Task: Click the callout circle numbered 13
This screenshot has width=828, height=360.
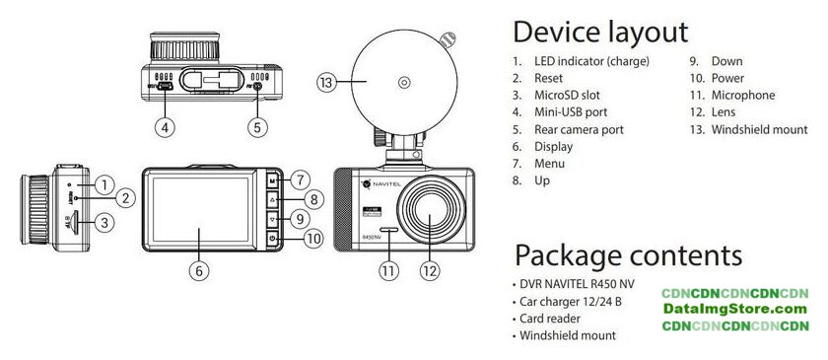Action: click(327, 83)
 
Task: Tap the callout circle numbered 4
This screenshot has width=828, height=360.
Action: click(166, 127)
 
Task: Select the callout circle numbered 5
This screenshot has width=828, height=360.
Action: click(257, 127)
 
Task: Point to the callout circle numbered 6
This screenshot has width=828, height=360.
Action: click(199, 271)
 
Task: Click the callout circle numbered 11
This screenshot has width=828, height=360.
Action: click(388, 271)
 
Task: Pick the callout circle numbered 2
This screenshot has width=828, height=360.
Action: click(126, 198)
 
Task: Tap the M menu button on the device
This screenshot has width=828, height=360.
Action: click(272, 180)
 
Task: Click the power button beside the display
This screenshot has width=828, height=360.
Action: click(272, 239)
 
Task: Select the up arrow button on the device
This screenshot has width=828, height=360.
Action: click(272, 200)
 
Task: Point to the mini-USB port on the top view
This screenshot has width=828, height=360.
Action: click(167, 86)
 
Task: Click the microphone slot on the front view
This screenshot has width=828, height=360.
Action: click(389, 231)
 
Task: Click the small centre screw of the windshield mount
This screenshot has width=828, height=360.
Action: click(404, 83)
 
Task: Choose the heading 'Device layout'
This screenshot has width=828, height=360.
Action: click(600, 33)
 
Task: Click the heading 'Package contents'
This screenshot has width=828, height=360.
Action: click(629, 254)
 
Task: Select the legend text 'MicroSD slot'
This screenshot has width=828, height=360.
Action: click(567, 95)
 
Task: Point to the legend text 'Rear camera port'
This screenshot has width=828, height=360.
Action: click(579, 129)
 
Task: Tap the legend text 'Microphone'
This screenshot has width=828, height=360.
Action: click(743, 95)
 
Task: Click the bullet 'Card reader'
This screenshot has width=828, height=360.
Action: click(550, 319)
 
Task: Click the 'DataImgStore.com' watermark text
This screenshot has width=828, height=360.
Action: click(735, 309)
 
